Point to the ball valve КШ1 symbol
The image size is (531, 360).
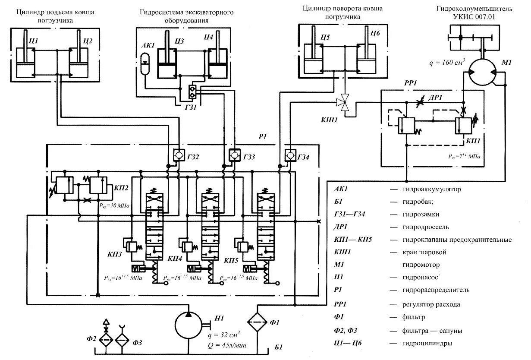coord(344,102)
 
